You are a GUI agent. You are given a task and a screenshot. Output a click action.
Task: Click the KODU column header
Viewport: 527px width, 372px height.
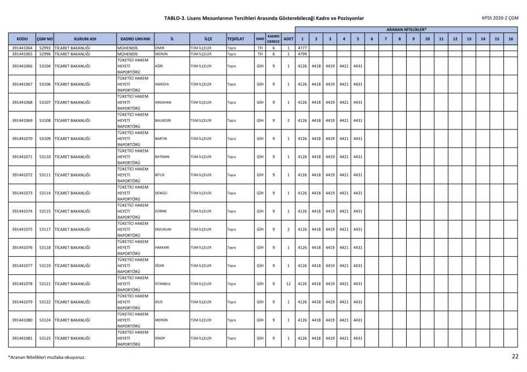click(22, 39)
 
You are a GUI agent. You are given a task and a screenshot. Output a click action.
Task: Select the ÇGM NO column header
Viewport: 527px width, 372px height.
click(44, 39)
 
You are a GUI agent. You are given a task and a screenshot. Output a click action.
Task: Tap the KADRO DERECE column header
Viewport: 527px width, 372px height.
click(273, 39)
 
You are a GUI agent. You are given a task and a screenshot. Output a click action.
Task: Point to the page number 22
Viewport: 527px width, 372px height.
click(515, 357)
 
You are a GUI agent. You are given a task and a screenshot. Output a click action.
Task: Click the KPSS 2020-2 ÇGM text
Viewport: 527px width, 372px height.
click(500, 18)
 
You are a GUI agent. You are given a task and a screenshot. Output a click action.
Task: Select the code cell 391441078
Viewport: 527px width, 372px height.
click(22, 284)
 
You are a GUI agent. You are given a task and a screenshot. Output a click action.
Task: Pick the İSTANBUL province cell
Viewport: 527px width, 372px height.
click(163, 284)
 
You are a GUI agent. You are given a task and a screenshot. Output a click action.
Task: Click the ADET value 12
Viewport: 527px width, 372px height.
click(288, 284)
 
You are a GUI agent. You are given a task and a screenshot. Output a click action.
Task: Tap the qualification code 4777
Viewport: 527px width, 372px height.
click(302, 48)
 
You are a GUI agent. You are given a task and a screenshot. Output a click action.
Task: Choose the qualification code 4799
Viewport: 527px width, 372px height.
click(302, 54)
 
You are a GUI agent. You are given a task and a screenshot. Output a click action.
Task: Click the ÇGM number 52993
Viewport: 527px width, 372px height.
click(45, 48)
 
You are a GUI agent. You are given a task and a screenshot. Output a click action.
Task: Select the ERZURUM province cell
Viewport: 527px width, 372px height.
click(164, 229)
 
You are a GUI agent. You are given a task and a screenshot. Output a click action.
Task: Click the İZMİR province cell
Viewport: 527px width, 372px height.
click(160, 48)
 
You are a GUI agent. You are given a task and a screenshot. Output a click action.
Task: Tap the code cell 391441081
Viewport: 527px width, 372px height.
click(22, 338)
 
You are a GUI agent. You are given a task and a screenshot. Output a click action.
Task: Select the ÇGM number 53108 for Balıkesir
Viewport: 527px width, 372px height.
click(45, 120)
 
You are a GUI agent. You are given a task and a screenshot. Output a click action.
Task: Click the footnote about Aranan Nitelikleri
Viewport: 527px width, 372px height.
click(47, 357)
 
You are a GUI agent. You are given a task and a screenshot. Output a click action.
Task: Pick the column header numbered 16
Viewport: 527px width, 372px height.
click(511, 39)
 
